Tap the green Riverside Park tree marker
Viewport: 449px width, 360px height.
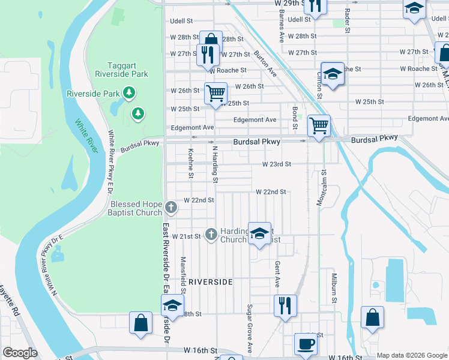pos(128,92)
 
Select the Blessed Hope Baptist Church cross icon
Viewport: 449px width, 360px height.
pos(171,207)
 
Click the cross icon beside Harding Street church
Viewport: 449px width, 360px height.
pos(211,234)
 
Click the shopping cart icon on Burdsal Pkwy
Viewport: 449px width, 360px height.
pos(318,126)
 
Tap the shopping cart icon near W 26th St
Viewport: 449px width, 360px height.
pos(215,93)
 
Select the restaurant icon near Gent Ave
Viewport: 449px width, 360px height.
pos(286,305)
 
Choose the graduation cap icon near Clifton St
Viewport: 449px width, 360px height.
pos(332,74)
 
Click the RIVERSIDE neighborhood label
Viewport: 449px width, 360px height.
pos(210,281)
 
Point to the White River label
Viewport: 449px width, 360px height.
pos(85,137)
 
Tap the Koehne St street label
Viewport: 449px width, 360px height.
pos(191,163)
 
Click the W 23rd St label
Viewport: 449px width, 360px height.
pos(277,164)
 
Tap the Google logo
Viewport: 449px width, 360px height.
pos(20,353)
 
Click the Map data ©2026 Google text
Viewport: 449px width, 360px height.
pos(411,355)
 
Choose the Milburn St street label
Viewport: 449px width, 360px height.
pos(334,287)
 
